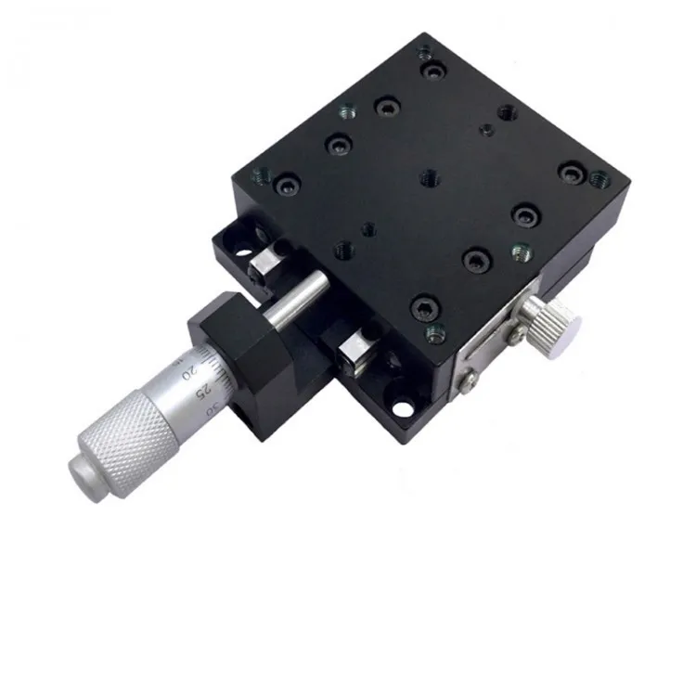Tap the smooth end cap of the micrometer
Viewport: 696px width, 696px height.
83,470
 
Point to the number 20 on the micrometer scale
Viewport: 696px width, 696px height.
189,372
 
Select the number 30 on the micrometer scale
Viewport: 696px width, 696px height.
213,408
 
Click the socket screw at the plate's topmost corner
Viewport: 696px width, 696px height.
430,69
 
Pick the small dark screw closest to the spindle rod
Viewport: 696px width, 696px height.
367,226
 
